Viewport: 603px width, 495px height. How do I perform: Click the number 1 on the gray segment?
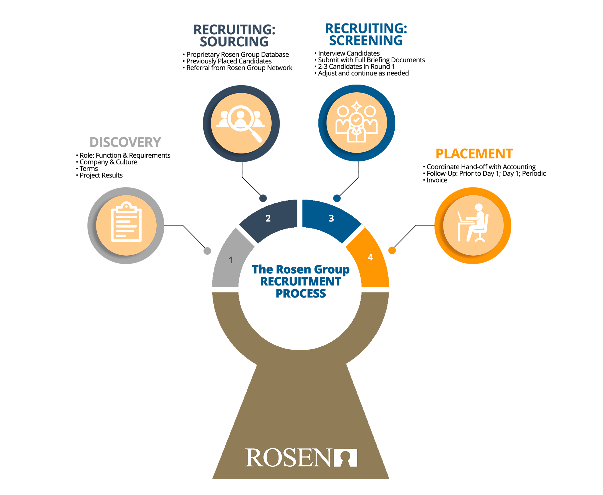(x=231, y=260)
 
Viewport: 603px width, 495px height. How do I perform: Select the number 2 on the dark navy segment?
(x=268, y=218)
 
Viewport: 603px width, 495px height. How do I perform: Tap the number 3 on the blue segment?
(x=331, y=218)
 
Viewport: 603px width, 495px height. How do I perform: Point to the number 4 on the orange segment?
(x=370, y=257)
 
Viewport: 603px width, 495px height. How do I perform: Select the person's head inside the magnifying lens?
(x=241, y=115)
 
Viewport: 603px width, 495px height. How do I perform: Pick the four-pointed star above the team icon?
(x=356, y=106)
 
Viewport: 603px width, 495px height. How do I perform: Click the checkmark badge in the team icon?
(x=356, y=120)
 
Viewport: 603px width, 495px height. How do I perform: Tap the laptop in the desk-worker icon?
(x=460, y=217)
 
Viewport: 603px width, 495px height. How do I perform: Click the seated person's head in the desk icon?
(x=479, y=207)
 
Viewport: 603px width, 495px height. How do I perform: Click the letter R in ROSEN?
(x=254, y=458)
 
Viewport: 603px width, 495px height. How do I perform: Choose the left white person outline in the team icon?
(x=343, y=120)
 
